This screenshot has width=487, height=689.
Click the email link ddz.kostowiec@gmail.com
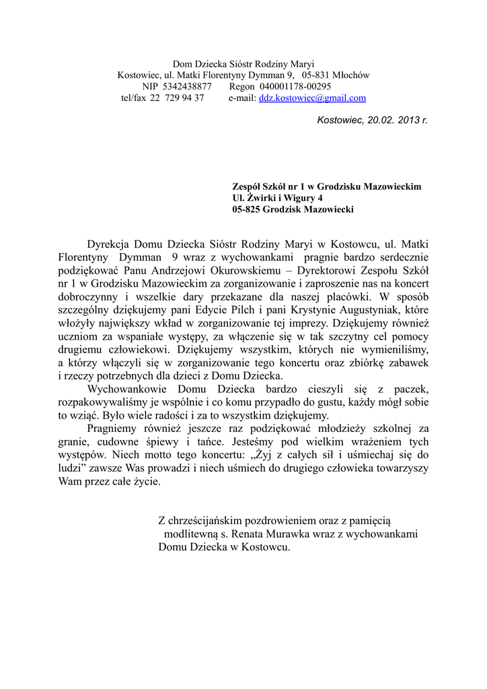[x=313, y=98]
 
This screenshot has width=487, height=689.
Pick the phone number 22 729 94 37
[x=177, y=98]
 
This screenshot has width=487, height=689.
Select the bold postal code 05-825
[x=248, y=209]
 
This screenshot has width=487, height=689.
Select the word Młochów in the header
[x=352, y=75]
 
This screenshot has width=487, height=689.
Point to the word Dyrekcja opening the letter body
[x=109, y=244]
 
